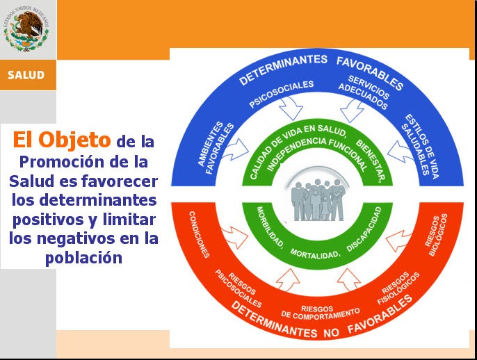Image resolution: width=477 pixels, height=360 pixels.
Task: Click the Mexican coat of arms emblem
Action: pyautogui.click(x=27, y=31)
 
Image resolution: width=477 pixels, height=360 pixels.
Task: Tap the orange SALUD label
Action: pyautogui.click(x=26, y=75)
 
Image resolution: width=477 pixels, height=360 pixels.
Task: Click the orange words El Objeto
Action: pyautogui.click(x=62, y=140)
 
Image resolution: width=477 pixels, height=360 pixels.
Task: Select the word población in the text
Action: pyautogui.click(x=83, y=257)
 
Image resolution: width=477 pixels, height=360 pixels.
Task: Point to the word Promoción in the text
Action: pyautogui.click(x=58, y=161)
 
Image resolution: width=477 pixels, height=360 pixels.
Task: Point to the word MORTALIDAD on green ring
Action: pyautogui.click(x=314, y=252)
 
